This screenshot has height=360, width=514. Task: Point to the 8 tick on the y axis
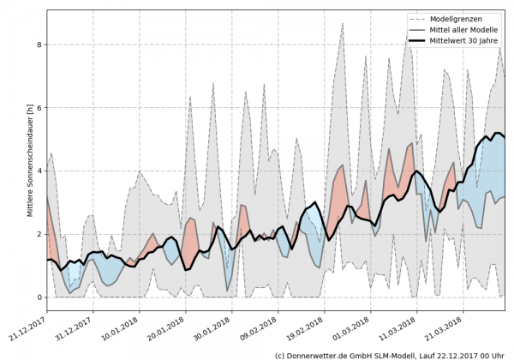click(39, 45)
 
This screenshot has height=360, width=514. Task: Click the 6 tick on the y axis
click(39, 108)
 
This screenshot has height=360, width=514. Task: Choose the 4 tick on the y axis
click(39, 171)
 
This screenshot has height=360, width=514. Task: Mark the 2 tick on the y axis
click(39, 234)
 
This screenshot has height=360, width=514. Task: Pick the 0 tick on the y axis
click(39, 297)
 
